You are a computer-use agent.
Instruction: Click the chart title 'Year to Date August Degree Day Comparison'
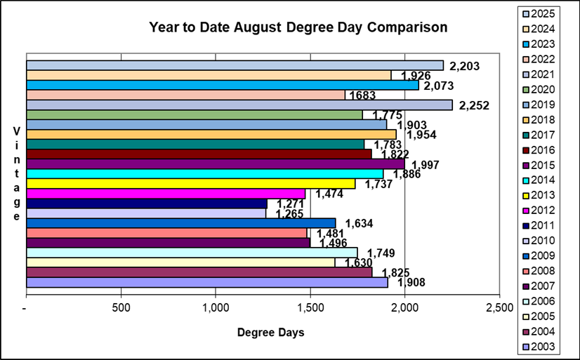point(298,28)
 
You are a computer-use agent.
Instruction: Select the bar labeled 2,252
point(239,105)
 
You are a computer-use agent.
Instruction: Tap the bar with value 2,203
point(235,65)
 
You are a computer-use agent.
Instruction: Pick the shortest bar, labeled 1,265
point(146,213)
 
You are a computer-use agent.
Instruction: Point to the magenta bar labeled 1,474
point(166,194)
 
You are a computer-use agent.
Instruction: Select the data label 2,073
point(440,86)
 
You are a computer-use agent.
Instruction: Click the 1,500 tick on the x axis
point(310,308)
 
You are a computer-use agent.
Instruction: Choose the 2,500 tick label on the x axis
point(499,308)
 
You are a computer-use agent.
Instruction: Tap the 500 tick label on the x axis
point(121,308)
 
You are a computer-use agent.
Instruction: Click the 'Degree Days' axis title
point(270,333)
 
